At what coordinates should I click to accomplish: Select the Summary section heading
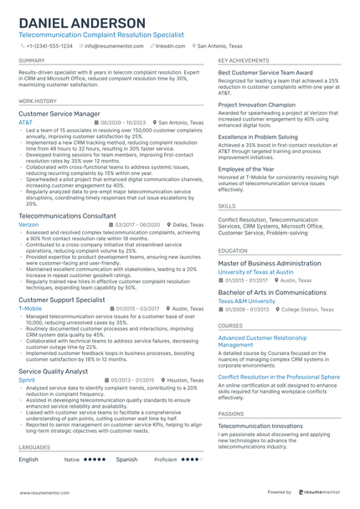(x=32, y=61)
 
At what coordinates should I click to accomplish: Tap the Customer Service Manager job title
(x=59, y=113)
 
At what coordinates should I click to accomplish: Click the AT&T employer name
(x=26, y=122)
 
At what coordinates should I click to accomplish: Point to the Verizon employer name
(x=28, y=225)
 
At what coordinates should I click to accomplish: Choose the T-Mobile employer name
(x=30, y=308)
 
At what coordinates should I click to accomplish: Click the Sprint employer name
(x=27, y=379)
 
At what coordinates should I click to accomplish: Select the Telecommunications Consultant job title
(x=67, y=216)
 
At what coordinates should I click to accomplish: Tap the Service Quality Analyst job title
(x=53, y=370)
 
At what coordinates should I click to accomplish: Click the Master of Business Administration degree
(x=270, y=263)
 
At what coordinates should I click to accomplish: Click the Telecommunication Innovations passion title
(x=261, y=425)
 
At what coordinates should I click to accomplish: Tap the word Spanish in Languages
(x=126, y=460)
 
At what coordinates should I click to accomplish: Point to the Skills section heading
(x=227, y=204)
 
